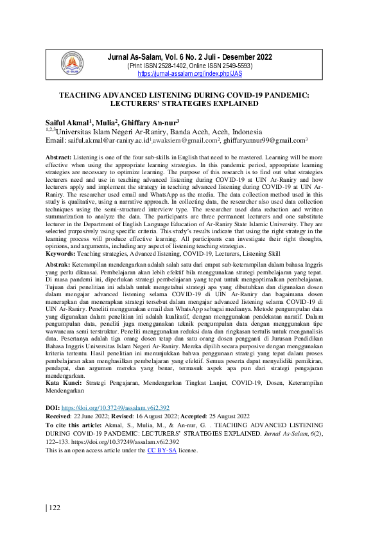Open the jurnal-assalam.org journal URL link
190,74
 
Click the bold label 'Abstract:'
59,157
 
